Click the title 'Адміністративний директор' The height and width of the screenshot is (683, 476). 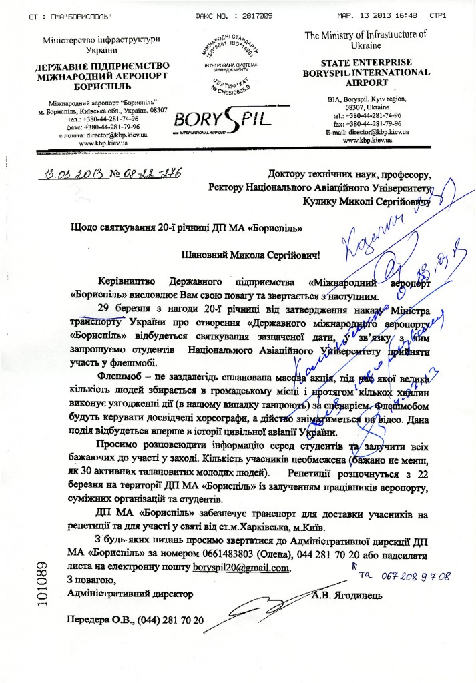(130, 593)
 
